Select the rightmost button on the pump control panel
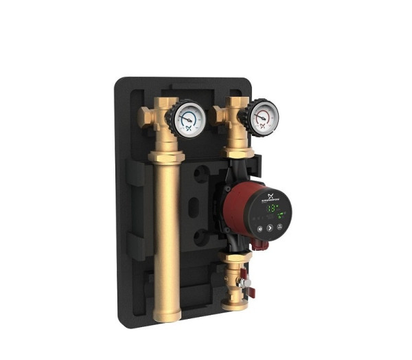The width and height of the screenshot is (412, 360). (x=280, y=225)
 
